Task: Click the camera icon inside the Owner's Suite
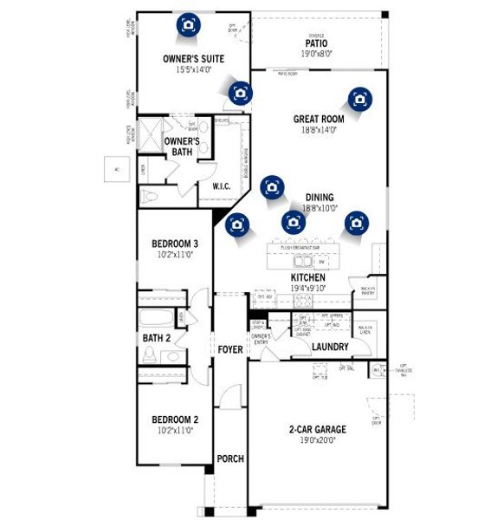pos(187,24)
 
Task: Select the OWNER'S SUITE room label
pos(194,59)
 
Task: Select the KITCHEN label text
pos(307,278)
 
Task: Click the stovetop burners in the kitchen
pos(303,300)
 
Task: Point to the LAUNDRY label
pos(331,348)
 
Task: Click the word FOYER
pos(229,350)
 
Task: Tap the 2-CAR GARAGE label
pos(317,429)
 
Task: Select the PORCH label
pos(229,458)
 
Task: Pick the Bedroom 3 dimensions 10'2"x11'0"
pos(175,255)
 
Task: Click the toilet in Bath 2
pos(151,354)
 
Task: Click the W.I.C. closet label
pos(221,186)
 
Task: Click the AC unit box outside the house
pos(113,169)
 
